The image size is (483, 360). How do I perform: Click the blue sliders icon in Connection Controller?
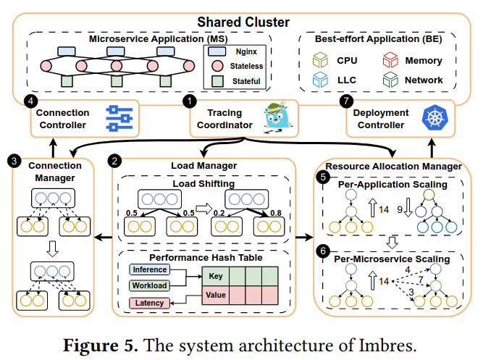click(x=117, y=120)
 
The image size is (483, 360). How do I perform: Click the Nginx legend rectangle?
click(x=217, y=52)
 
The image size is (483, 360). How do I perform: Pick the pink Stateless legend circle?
click(x=217, y=67)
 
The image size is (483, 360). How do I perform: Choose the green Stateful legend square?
click(x=217, y=81)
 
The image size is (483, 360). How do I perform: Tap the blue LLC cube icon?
click(x=318, y=80)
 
